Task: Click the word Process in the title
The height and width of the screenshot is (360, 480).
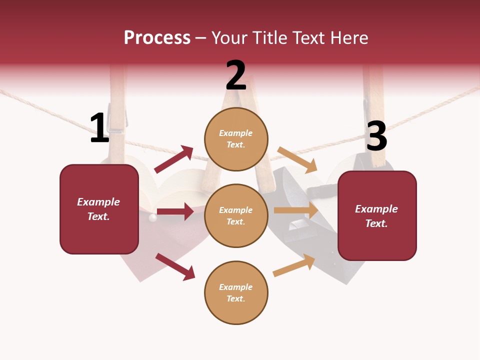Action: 157,37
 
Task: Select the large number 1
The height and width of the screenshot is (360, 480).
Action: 99,127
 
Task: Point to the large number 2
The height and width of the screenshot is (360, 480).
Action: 236,75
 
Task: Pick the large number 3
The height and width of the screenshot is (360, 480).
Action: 376,135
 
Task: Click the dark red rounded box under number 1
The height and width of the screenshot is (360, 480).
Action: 99,209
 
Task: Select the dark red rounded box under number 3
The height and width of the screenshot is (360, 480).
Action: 377,216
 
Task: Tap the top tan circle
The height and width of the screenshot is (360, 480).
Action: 236,139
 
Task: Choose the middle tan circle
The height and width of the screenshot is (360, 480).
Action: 236,216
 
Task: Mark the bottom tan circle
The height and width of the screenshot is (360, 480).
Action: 236,292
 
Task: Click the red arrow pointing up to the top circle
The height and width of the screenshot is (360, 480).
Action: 173,159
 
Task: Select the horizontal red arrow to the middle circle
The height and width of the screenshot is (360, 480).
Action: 175,211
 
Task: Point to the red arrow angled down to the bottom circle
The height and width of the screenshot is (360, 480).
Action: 175,267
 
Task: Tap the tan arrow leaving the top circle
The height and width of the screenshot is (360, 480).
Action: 297,160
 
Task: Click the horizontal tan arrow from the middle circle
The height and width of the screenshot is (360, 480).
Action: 296,210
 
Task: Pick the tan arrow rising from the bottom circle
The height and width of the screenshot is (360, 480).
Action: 294,265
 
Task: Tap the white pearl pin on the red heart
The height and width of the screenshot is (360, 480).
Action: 152,217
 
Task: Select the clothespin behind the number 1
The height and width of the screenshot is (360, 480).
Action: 117,116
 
